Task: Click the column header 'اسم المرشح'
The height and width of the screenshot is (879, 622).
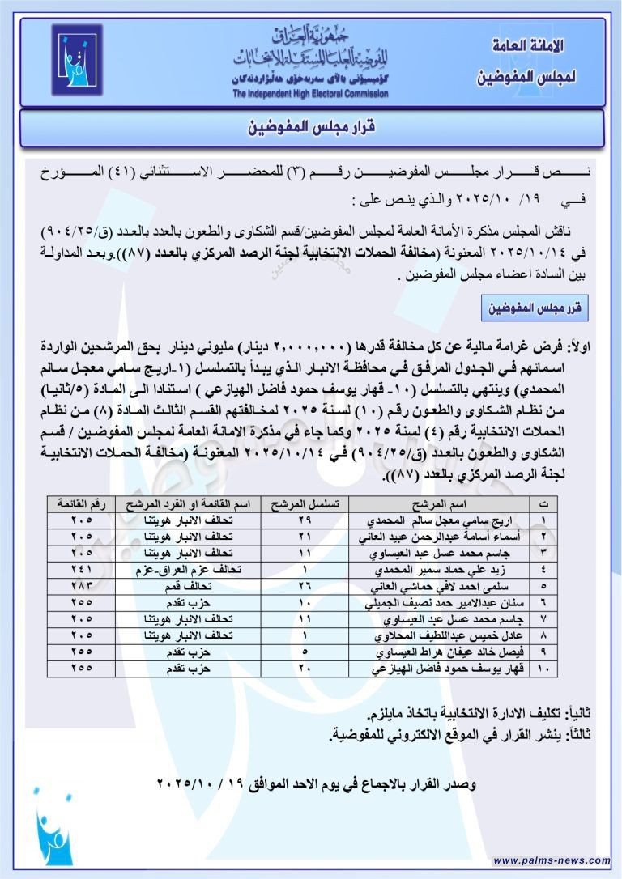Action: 437,503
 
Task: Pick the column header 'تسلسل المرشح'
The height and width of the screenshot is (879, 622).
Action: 301,503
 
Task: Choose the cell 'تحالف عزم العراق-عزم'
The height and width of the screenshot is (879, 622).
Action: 191,569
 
